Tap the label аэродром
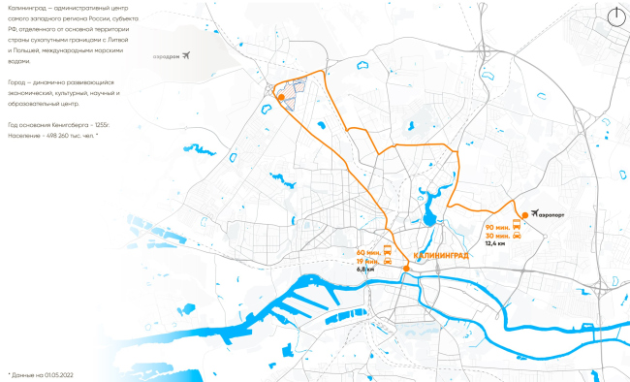click(167, 56)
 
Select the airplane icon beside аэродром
click(187, 55)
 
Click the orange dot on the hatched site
click(280, 97)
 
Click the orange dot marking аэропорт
click(523, 214)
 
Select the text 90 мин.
click(495, 226)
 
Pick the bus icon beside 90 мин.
click(517, 226)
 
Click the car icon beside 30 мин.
click(517, 236)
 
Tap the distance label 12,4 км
click(495, 244)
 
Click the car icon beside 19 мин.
click(388, 261)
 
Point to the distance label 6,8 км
click(365, 270)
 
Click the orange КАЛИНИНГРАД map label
click(440, 255)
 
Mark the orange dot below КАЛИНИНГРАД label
click(406, 270)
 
